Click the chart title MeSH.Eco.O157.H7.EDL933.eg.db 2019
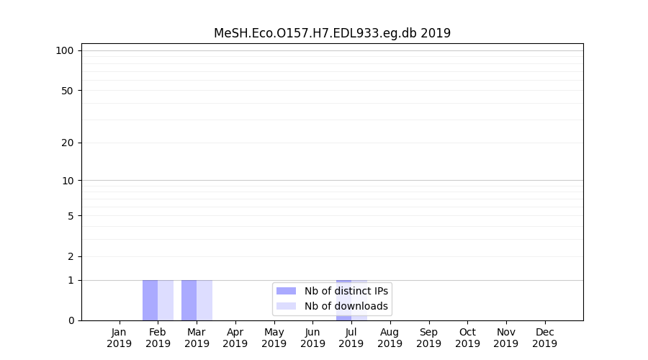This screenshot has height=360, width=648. coord(332,33)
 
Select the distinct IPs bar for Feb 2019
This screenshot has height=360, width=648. coord(150,300)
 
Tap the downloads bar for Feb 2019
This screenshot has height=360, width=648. coord(166,300)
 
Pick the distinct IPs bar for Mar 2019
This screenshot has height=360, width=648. coord(189,300)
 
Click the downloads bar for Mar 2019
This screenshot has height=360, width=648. coord(204,300)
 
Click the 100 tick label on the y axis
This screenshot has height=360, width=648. coord(65,50)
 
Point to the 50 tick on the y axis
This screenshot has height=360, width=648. coord(67,91)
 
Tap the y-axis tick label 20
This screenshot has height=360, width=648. coord(67,143)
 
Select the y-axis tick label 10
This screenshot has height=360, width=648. coord(67,181)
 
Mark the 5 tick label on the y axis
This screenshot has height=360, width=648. coord(70,216)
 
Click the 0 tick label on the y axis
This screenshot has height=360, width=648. coord(70,320)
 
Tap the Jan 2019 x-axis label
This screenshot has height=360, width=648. coord(119,338)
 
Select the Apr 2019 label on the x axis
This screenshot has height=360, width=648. coord(235,338)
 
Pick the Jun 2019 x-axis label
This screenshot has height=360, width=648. coord(312,338)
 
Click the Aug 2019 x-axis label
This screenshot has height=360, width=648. coord(390,338)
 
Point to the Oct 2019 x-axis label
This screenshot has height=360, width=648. coord(467,338)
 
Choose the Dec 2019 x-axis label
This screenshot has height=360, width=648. coord(545,338)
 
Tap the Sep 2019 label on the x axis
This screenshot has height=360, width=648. coord(428,338)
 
